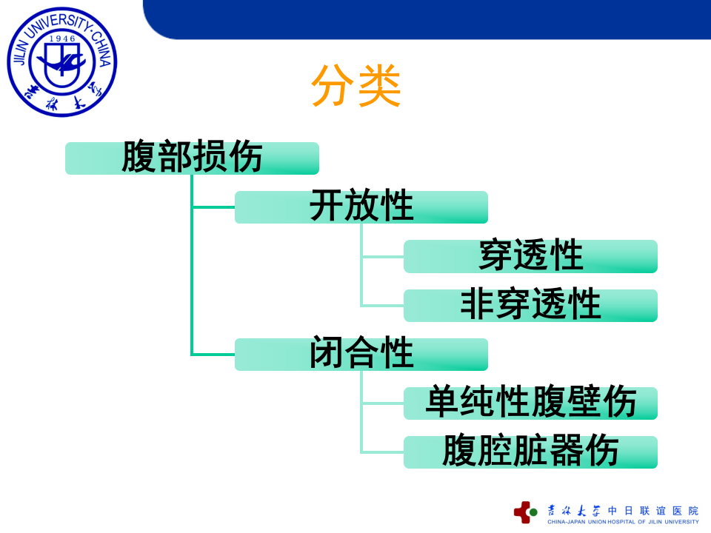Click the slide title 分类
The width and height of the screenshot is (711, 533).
pyautogui.click(x=355, y=87)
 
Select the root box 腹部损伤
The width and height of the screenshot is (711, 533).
pyautogui.click(x=192, y=158)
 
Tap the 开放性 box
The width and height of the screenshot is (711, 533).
pyautogui.click(x=361, y=207)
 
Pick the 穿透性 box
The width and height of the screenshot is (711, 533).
pyautogui.click(x=530, y=256)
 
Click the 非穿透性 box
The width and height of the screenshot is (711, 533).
pyautogui.click(x=530, y=305)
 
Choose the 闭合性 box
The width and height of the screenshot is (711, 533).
pyautogui.click(x=361, y=355)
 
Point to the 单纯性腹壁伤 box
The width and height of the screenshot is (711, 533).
pyautogui.click(x=530, y=403)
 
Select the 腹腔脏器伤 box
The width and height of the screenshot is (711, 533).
pyautogui.click(x=530, y=452)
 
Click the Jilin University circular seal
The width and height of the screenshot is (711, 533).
pyautogui.click(x=62, y=62)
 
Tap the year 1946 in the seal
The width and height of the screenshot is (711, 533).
pyautogui.click(x=62, y=37)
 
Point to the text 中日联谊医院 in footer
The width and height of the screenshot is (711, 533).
pyautogui.click(x=652, y=511)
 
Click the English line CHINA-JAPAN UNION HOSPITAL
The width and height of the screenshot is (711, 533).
pyautogui.click(x=622, y=522)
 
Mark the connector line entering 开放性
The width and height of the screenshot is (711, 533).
pyautogui.click(x=213, y=207)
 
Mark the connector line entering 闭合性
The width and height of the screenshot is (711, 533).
pyautogui.click(x=213, y=355)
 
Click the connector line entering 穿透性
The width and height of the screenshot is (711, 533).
pyautogui.click(x=382, y=257)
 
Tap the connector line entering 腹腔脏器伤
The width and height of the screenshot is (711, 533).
pyautogui.click(x=382, y=452)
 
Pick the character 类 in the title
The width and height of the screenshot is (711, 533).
pyautogui.click(x=379, y=87)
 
